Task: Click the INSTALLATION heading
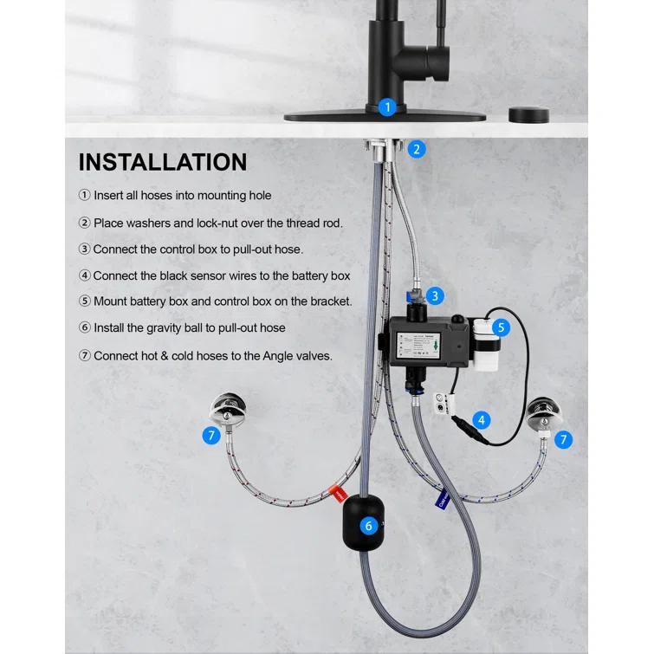point(163,162)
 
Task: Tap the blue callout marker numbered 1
point(387,107)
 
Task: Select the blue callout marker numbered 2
point(417,148)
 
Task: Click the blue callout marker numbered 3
point(435,295)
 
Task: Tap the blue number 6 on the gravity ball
point(369,526)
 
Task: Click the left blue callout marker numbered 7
point(211,436)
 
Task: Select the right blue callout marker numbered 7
point(564,439)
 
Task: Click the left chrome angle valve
point(229,410)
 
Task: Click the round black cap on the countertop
point(525,114)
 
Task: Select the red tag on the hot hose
point(340,495)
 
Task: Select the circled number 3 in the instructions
point(84,249)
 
